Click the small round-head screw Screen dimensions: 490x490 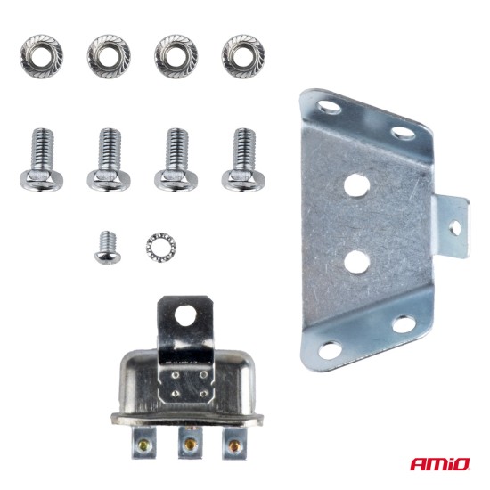106,245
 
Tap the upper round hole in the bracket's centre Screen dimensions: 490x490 356,185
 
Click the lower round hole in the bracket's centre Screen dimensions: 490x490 356,261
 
